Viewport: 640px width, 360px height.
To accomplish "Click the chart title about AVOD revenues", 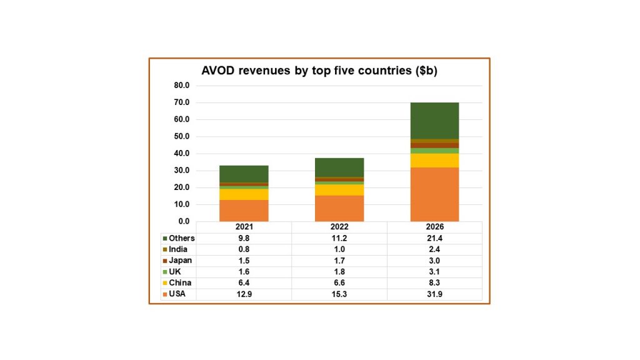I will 319,71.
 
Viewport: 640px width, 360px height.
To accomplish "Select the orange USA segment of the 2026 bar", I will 434,194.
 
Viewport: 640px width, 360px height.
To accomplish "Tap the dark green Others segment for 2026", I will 434,120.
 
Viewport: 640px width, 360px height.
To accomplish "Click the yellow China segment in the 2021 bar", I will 244,194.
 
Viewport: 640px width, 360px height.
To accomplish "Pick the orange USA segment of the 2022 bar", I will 339,208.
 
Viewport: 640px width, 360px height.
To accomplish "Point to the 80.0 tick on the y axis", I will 181,86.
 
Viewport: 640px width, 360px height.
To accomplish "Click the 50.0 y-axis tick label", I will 181,136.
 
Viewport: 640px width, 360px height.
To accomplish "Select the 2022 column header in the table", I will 339,227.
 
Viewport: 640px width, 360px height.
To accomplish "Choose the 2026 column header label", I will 434,227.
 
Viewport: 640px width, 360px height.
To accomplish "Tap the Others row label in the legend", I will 181,238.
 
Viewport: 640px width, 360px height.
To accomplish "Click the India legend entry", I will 178,249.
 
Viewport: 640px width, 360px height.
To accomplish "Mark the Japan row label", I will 180,261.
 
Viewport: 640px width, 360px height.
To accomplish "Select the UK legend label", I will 174,272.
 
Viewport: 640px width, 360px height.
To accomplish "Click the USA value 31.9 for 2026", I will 434,294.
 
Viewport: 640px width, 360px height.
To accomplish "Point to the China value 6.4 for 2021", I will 244,283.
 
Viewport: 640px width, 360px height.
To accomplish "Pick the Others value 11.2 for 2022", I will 339,238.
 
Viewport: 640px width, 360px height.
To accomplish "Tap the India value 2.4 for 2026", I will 434,249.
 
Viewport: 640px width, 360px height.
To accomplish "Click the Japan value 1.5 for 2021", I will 244,261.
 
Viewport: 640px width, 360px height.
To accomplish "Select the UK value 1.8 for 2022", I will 339,272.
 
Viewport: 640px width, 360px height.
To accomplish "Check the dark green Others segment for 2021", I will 244,174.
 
